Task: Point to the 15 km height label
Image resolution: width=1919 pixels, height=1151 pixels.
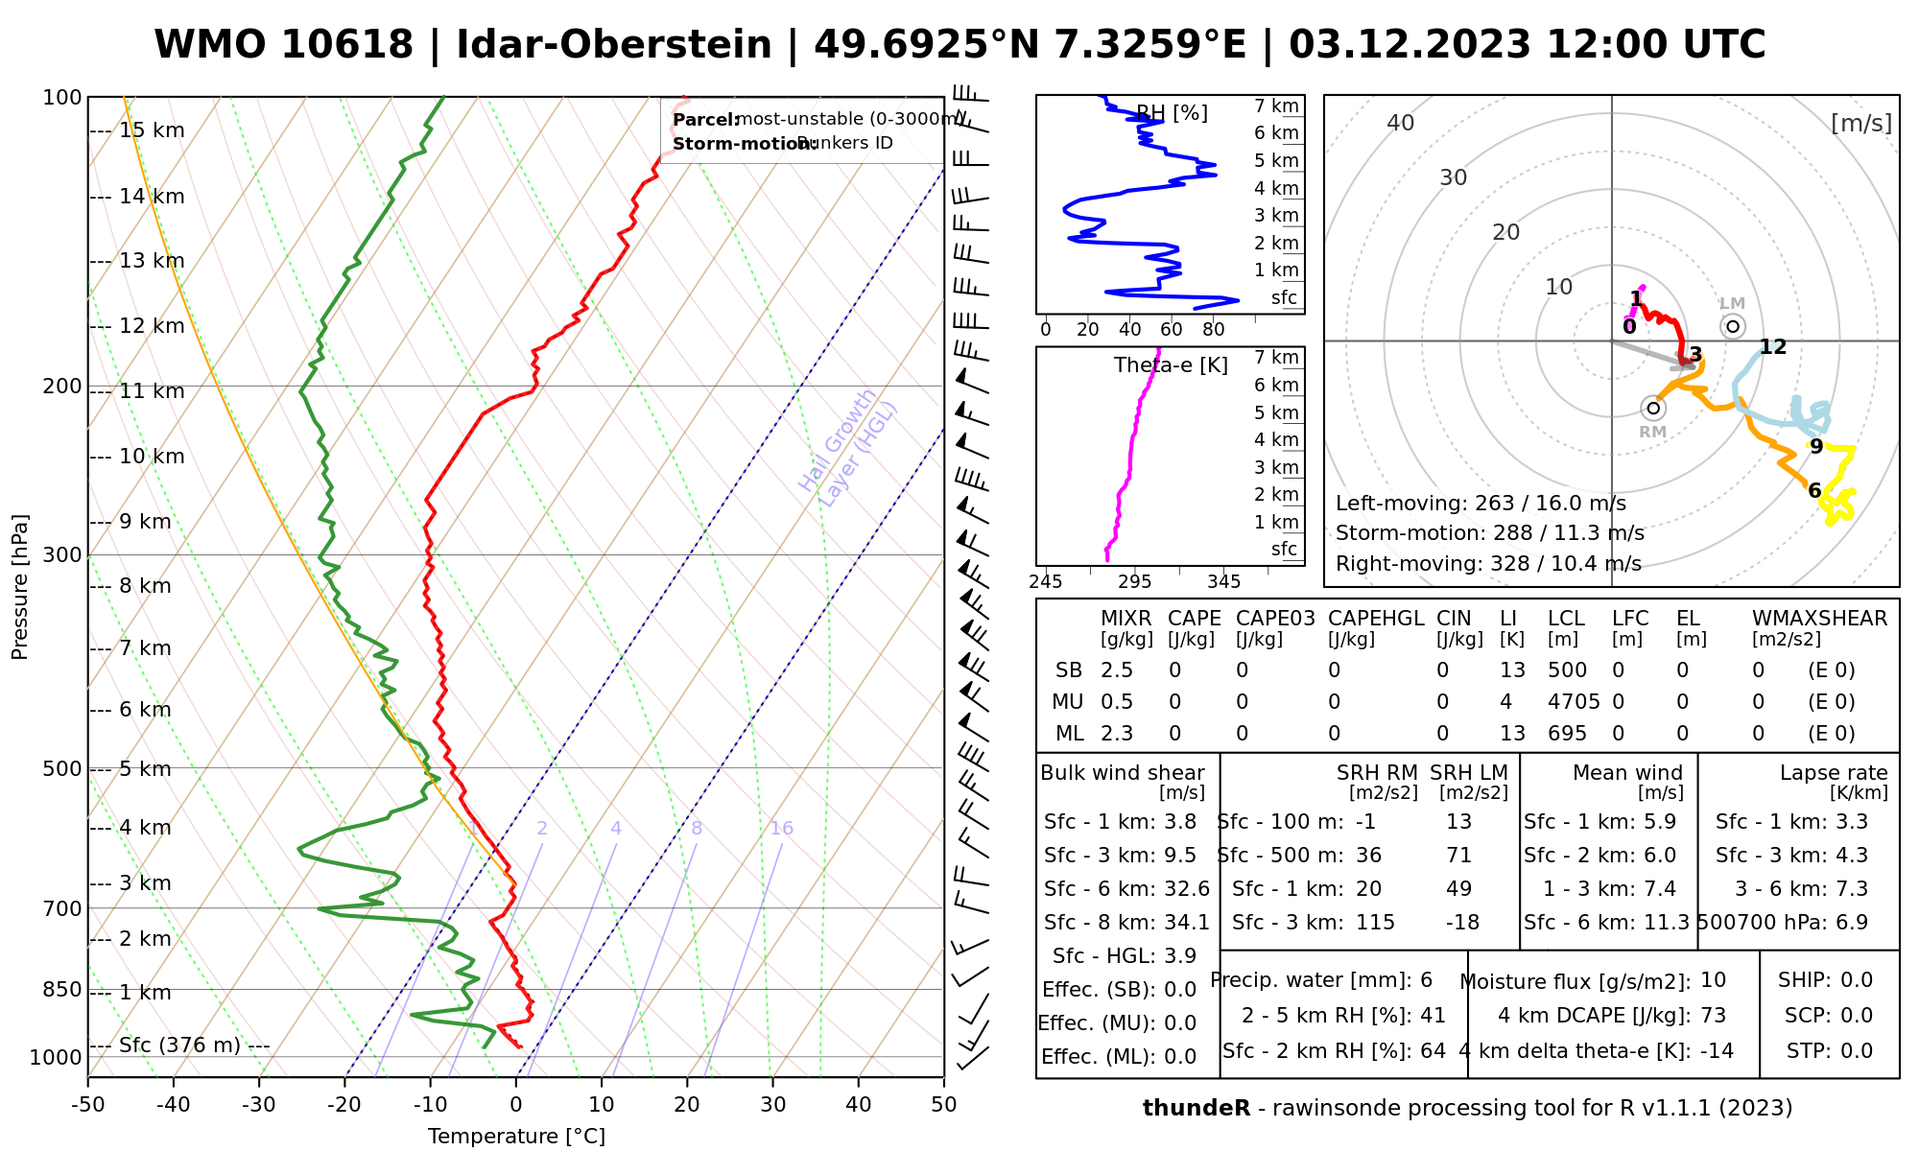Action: point(152,130)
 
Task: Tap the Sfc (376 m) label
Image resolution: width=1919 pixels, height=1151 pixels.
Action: point(179,1045)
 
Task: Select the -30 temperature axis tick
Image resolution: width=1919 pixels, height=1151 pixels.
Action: point(259,1105)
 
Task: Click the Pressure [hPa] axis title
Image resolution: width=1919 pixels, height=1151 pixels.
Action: point(20,587)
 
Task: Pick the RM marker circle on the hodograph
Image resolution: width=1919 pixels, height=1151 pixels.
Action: point(1653,409)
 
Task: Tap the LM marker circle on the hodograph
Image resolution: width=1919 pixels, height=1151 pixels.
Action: point(1733,326)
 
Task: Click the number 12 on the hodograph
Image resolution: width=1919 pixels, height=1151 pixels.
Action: point(1773,347)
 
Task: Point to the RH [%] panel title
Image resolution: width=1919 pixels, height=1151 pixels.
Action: point(1172,113)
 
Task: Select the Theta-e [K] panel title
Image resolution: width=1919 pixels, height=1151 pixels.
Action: point(1171,365)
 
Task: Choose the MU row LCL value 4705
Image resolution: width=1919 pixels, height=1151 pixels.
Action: point(1574,702)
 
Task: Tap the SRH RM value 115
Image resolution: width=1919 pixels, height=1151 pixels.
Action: point(1375,923)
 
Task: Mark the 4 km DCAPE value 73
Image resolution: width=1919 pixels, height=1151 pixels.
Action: point(1713,1016)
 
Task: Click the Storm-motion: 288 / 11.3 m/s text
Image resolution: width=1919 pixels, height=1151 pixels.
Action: point(1489,533)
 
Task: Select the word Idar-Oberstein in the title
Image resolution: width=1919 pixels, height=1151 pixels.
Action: point(614,45)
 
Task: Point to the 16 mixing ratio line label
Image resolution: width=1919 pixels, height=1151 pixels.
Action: point(781,829)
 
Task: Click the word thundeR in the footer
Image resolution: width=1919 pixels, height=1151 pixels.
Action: point(1196,1109)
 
